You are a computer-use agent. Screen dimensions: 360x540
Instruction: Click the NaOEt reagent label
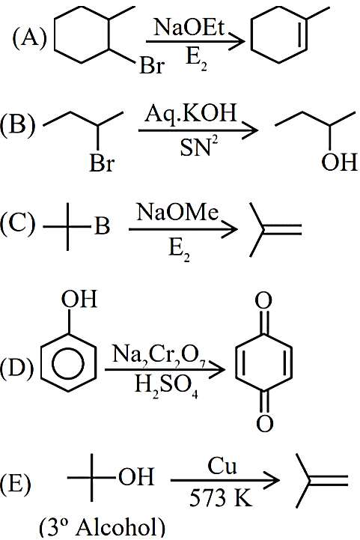point(189,27)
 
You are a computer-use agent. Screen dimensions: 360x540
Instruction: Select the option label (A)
point(29,37)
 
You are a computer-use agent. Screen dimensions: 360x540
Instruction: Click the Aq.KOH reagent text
point(191,113)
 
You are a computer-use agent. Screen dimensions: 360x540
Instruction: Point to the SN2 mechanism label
point(199,147)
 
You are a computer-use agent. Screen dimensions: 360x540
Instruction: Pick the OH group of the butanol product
point(339,162)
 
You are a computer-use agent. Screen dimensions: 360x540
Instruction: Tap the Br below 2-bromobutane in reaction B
point(102,163)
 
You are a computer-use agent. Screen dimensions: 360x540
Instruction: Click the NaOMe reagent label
point(177,212)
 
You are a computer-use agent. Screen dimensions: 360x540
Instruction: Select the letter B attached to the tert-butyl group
point(102,226)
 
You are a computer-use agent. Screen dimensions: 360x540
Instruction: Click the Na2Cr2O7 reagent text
point(159,355)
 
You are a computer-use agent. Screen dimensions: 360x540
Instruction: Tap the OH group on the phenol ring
point(79,299)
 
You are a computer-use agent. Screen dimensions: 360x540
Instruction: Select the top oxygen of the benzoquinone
point(263,300)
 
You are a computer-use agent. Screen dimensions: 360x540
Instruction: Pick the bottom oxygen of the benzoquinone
point(264,423)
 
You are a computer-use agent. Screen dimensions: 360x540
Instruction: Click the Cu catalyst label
point(222,466)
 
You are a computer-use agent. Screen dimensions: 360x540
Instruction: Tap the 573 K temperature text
point(221,497)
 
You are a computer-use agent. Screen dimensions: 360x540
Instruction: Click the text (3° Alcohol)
point(102,527)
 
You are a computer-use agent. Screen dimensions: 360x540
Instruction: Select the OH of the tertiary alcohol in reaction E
point(136,476)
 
